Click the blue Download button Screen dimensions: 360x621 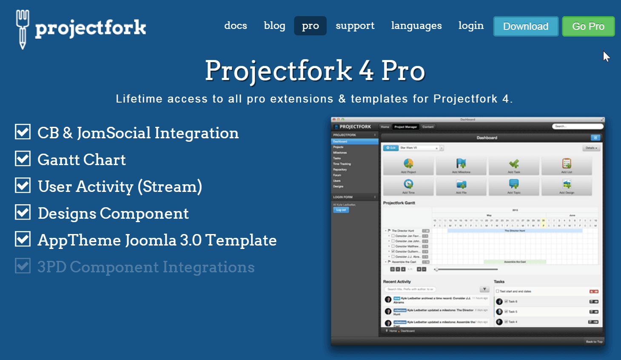pyautogui.click(x=526, y=26)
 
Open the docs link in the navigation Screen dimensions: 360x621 pyautogui.click(x=236, y=26)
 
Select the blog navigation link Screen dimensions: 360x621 pyautogui.click(x=274, y=26)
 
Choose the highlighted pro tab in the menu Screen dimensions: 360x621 pyautogui.click(x=310, y=26)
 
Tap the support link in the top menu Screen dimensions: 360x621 pyautogui.click(x=355, y=26)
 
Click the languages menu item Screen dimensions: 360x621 pyautogui.click(x=416, y=26)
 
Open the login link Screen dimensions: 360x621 pyautogui.click(x=471, y=26)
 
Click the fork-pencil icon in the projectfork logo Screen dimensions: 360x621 pyautogui.click(x=23, y=29)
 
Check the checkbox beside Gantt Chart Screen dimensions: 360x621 pyautogui.click(x=23, y=159)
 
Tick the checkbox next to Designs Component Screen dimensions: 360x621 pyautogui.click(x=23, y=212)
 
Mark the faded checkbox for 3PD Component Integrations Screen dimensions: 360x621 pyautogui.click(x=23, y=266)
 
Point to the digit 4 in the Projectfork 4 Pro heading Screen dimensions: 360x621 pyautogui.click(x=366, y=71)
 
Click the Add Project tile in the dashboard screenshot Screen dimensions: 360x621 pyautogui.click(x=408, y=166)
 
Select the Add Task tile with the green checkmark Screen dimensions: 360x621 pyautogui.click(x=514, y=166)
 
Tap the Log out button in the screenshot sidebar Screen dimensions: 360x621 pyautogui.click(x=341, y=210)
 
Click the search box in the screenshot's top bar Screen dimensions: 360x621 pyautogui.click(x=577, y=126)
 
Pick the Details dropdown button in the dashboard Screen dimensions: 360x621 pyautogui.click(x=591, y=148)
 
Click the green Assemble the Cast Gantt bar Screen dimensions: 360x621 pyautogui.click(x=515, y=262)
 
